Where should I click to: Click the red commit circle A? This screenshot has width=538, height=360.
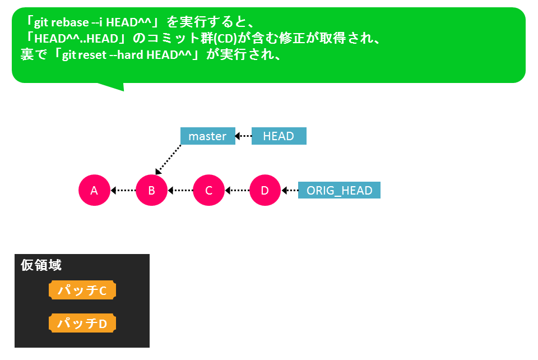pos(94,190)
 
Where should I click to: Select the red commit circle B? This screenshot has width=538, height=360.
pos(152,190)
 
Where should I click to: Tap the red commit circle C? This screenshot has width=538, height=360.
pos(208,190)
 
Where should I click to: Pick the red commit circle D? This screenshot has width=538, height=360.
pos(265,190)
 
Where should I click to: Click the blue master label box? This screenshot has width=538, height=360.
pos(208,136)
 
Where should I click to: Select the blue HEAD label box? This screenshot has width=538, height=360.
pos(279,136)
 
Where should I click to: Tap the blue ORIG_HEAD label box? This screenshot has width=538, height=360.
pos(340,190)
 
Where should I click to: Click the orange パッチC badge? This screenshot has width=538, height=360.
pos(82,290)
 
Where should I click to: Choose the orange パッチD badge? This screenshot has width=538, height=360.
pos(82,323)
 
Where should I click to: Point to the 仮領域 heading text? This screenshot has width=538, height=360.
pos(41,265)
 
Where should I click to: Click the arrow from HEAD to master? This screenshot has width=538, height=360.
pos(243,136)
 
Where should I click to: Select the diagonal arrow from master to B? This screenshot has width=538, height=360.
pos(168,160)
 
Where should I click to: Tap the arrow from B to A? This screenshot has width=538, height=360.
pos(123,190)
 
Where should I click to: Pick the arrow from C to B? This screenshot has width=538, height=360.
pos(180,190)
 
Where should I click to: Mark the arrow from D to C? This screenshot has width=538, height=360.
pos(237,190)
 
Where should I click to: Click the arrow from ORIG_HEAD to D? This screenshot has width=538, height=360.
pos(290,190)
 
